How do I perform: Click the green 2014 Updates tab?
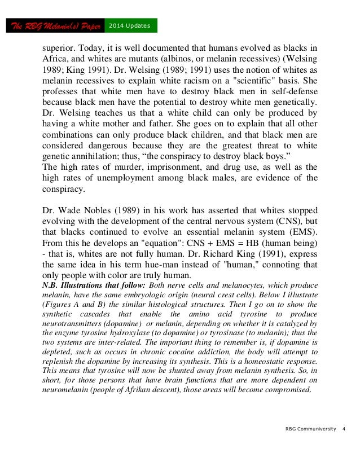[x=131, y=26]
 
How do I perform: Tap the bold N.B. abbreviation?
[x=52, y=285]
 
